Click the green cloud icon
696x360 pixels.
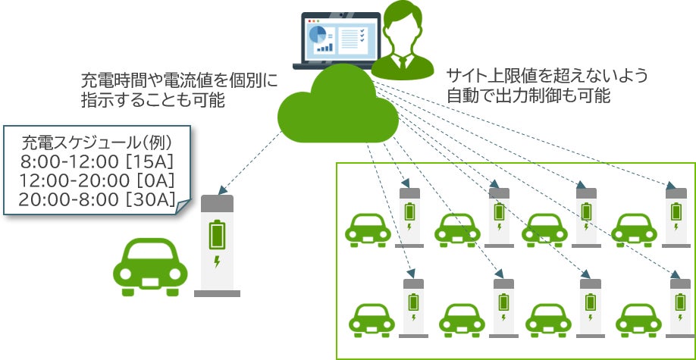pyautogui.click(x=337, y=114)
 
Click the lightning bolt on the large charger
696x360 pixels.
pyautogui.click(x=218, y=262)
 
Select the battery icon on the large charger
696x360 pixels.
pyautogui.click(x=218, y=234)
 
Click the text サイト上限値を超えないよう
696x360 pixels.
pyautogui.click(x=547, y=76)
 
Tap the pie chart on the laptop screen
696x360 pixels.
pyautogui.click(x=318, y=34)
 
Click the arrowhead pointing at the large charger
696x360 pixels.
pyautogui.click(x=219, y=190)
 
